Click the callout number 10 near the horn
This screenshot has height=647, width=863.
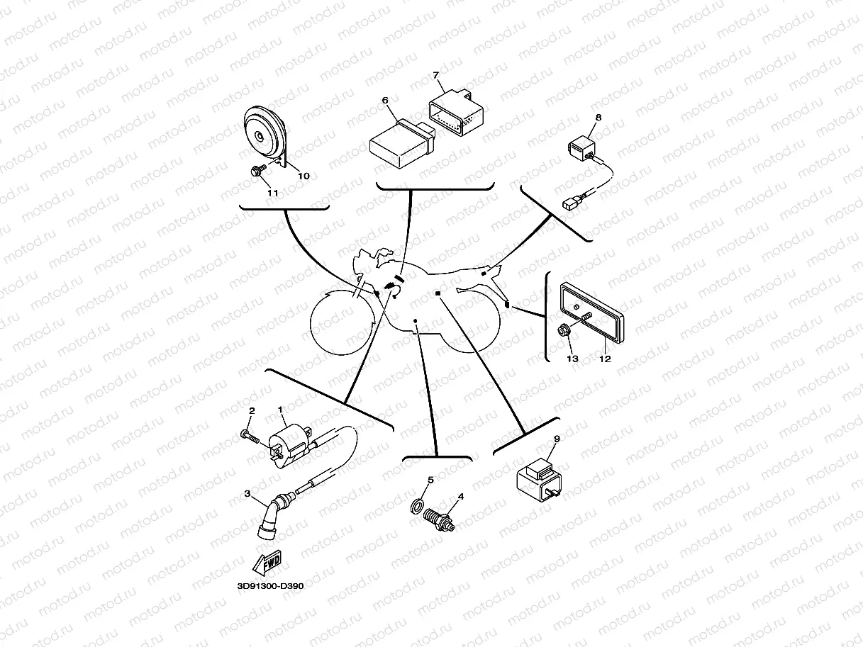pyautogui.click(x=303, y=176)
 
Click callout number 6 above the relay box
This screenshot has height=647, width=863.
pyautogui.click(x=385, y=101)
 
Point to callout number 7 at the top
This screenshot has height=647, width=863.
pyautogui.click(x=435, y=74)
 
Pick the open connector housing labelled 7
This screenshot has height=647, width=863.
pyautogui.click(x=455, y=113)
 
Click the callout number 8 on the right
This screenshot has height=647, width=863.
pyautogui.click(x=598, y=117)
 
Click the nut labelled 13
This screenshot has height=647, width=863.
pyautogui.click(x=564, y=330)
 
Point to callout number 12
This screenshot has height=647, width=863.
pyautogui.click(x=604, y=359)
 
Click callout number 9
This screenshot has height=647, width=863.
pyautogui.click(x=557, y=439)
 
